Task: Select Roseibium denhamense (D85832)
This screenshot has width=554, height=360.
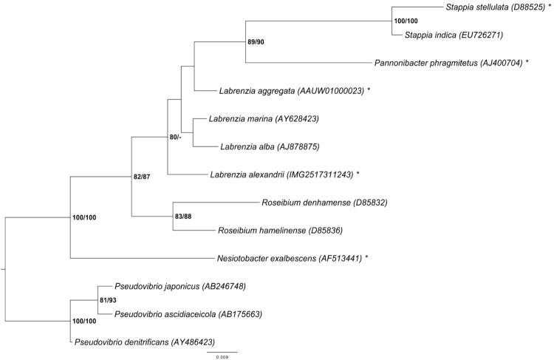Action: [x=324, y=202]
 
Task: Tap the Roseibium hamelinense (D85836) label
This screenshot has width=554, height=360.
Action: [x=280, y=230]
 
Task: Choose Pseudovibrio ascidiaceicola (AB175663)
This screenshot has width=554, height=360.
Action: [x=189, y=314]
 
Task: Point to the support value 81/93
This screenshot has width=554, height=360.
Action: [x=109, y=300]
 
